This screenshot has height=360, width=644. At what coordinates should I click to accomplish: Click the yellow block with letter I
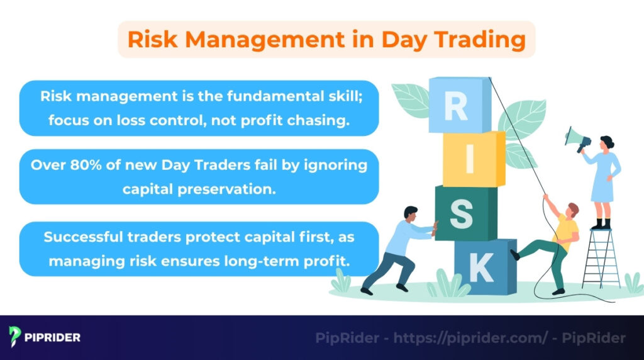[x=472, y=159]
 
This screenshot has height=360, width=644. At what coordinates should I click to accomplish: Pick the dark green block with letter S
[x=464, y=213]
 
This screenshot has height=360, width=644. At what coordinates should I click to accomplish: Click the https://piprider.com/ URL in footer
[x=471, y=338]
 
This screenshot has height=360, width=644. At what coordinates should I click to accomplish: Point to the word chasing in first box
[x=321, y=120]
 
